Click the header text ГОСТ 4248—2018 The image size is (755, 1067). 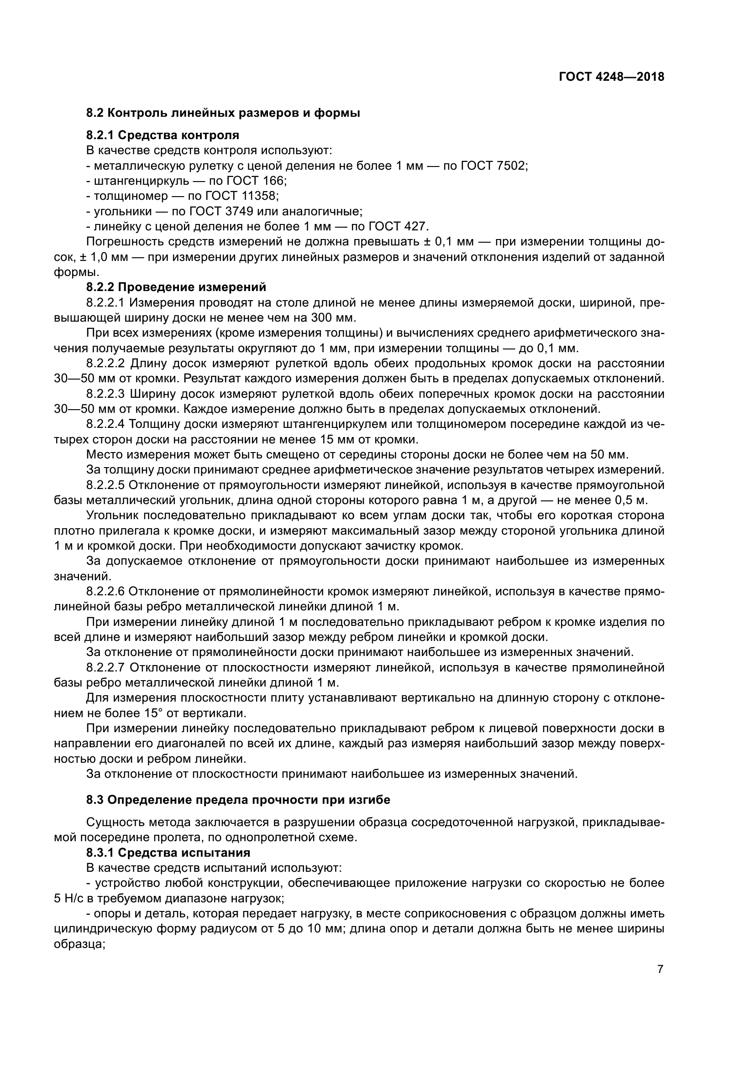611,77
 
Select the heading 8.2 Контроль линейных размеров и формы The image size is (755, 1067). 223,113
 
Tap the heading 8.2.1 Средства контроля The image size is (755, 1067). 163,135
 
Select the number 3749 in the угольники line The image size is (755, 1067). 238,212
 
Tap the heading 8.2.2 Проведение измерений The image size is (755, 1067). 177,287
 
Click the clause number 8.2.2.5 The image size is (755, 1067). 105,485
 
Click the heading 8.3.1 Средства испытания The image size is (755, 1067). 168,853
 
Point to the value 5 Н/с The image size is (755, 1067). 68,898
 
